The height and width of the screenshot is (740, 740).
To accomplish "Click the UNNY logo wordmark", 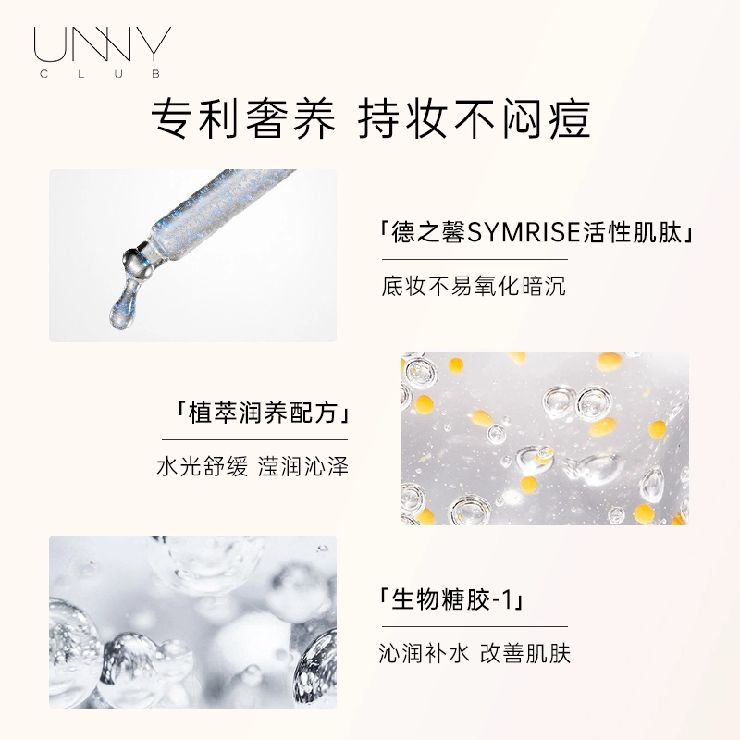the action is [103, 44].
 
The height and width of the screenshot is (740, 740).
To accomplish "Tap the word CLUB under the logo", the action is [101, 74].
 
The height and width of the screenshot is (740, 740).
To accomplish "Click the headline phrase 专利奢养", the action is [243, 119].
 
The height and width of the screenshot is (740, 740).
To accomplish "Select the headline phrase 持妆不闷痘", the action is [474, 119].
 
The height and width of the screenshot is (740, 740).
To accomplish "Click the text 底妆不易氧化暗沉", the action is [474, 286].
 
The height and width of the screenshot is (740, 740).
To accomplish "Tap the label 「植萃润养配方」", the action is [262, 413].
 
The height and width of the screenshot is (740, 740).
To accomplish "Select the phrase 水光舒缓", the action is [203, 467].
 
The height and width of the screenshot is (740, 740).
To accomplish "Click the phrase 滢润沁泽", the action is [303, 467].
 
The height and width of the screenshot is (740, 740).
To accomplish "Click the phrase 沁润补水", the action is [425, 654].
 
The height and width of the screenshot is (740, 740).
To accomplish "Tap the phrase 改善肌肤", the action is [525, 654].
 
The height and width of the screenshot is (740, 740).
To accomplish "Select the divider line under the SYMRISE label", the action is [475, 259].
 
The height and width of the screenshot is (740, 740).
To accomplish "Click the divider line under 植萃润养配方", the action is [255, 440].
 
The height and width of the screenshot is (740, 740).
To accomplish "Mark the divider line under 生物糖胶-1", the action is [475, 627].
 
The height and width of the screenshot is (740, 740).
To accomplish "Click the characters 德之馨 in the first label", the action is [428, 232].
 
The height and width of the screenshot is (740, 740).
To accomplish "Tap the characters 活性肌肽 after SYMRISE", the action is [632, 232].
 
